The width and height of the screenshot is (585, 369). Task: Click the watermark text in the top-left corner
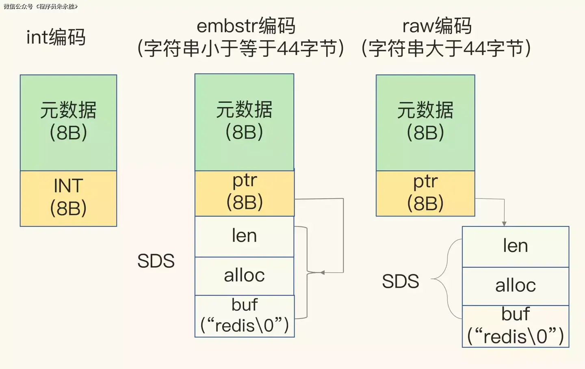pos(41,7)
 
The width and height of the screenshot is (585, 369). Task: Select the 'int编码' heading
pos(56,37)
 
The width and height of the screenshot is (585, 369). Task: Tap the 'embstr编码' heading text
pos(246,26)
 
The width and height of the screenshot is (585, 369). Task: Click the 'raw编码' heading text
pos(437,26)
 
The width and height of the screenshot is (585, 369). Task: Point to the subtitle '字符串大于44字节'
pos(446,49)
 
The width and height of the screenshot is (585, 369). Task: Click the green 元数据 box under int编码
pos(68,122)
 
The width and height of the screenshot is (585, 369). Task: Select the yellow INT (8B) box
pos(68,198)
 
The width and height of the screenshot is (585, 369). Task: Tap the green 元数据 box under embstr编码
pos(244,122)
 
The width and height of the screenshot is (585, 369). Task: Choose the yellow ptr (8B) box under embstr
pos(244,193)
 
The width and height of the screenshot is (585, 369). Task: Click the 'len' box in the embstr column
pos(244,236)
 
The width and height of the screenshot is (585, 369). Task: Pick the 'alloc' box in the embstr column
pos(244,276)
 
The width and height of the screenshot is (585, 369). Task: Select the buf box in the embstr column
pos(244,316)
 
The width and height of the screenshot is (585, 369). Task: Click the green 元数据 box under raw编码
pos(425,122)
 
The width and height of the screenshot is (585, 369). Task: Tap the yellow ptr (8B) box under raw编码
pos(425,193)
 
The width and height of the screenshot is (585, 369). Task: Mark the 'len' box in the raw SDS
pos(515,246)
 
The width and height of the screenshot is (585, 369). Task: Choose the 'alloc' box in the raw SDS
pos(515,286)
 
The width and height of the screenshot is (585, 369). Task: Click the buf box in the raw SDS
pos(515,326)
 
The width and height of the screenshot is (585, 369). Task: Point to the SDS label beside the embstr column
pos(156,261)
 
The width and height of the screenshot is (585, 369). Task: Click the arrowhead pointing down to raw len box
pos(504,224)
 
